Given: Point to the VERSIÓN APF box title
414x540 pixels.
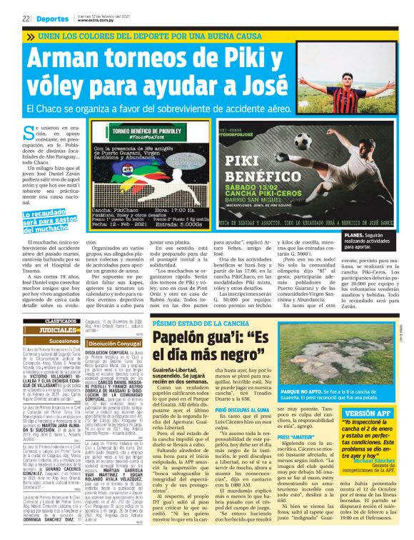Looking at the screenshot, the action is point(367,413).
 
